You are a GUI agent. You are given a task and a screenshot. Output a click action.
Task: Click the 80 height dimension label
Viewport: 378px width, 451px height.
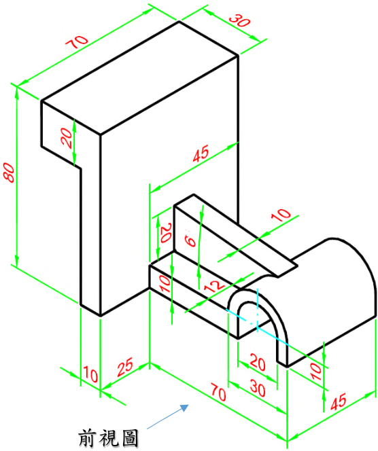pyautogui.click(x=9, y=173)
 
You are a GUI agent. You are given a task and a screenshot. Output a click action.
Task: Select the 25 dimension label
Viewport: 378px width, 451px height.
pyautogui.click(x=126, y=367)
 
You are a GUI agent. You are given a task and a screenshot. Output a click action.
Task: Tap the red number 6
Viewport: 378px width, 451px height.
pyautogui.click(x=190, y=240)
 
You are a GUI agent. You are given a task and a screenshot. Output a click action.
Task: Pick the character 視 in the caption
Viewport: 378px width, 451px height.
pyautogui.click(x=109, y=438)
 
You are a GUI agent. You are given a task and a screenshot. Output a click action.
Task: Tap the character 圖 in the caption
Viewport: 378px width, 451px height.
pyautogui.click(x=130, y=438)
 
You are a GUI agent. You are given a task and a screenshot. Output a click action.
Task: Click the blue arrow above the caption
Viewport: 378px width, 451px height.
pyautogui.click(x=168, y=417)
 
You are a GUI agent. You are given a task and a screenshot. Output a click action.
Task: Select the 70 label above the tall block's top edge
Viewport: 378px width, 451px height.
pyautogui.click(x=77, y=42)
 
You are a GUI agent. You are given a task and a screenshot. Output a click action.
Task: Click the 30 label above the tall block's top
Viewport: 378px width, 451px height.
pyautogui.click(x=240, y=20)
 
